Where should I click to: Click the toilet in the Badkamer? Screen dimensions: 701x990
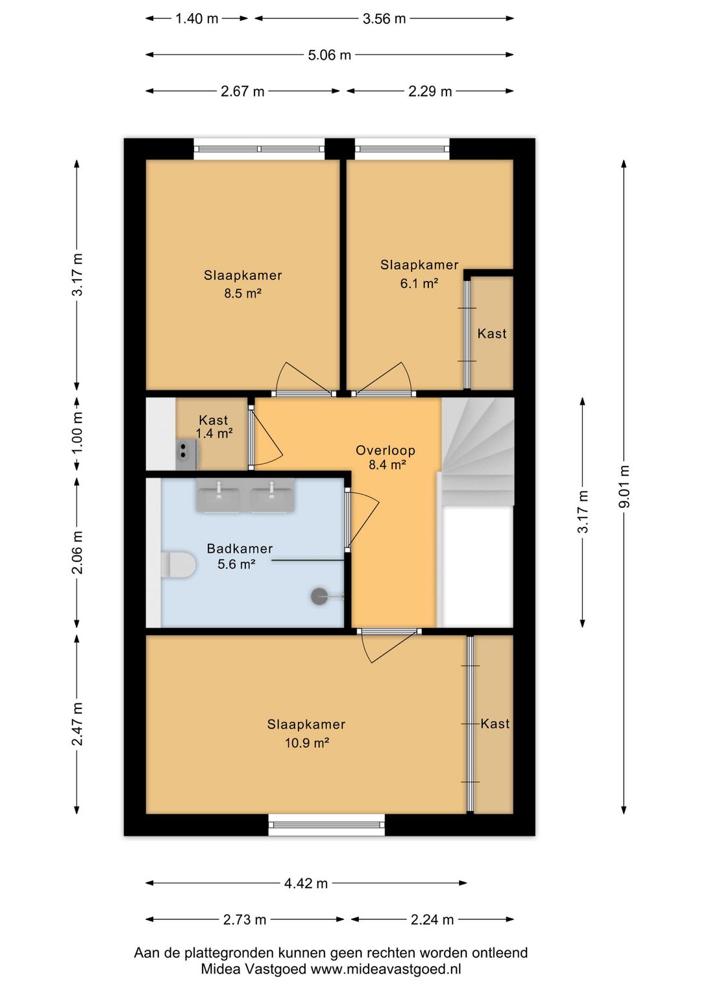(178, 564)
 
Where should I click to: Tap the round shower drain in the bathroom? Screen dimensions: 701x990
(319, 596)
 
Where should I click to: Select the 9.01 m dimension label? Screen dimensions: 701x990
(624, 486)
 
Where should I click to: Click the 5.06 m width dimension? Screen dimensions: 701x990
(330, 54)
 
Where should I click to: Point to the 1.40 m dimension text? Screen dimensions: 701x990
(197, 19)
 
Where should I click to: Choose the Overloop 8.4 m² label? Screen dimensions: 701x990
(385, 457)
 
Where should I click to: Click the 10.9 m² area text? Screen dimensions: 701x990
(306, 742)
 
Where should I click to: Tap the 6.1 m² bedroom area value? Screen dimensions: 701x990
(419, 283)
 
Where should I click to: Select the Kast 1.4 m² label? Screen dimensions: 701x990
(214, 426)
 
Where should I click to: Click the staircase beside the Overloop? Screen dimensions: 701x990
(478, 451)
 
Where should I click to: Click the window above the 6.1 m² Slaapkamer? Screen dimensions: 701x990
(402, 149)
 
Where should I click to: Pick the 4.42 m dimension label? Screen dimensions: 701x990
(306, 882)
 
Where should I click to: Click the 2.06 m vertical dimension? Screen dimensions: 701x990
(77, 553)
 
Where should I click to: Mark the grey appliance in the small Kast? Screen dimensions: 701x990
(188, 455)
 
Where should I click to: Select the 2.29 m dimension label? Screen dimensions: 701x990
(430, 91)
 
